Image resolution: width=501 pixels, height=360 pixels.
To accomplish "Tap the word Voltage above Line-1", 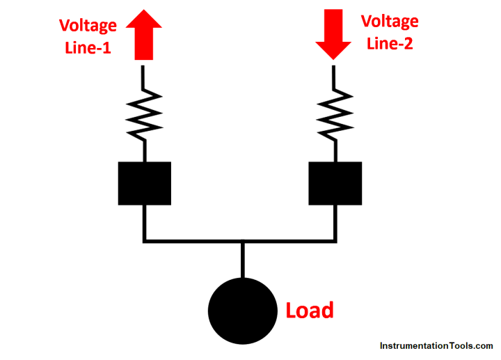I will pyautogui.click(x=88, y=26).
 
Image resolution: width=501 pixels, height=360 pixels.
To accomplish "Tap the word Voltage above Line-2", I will pyautogui.click(x=390, y=21).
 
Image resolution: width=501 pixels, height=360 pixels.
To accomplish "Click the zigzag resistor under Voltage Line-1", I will pyautogui.click(x=144, y=113).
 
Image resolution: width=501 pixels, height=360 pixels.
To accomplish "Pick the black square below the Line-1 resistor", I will pyautogui.click(x=144, y=183).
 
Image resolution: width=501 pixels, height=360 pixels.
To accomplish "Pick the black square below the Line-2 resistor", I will pyautogui.click(x=335, y=183).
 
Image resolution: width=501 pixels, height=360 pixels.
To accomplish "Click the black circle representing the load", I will pyautogui.click(x=242, y=310).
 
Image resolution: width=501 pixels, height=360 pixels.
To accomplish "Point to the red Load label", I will pyautogui.click(x=310, y=310).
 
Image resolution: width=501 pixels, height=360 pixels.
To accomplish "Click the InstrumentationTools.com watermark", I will pyautogui.click(x=436, y=345).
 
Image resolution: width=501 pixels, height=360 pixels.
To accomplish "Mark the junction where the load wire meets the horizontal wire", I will pyautogui.click(x=242, y=241).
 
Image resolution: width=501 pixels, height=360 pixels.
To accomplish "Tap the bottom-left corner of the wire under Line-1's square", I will pyautogui.click(x=144, y=241).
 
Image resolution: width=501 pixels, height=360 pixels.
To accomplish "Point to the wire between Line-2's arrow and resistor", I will pyautogui.click(x=334, y=75).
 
